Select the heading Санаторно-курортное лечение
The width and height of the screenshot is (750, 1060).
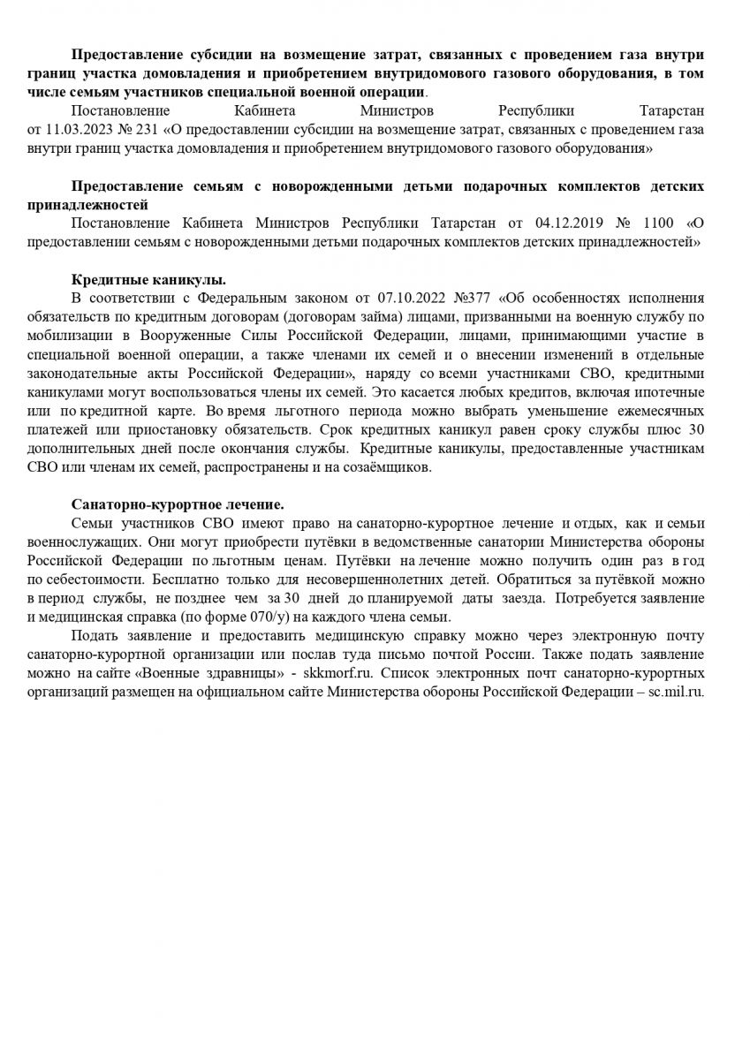pos(178,503)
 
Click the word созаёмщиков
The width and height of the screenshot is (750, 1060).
pos(386,467)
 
